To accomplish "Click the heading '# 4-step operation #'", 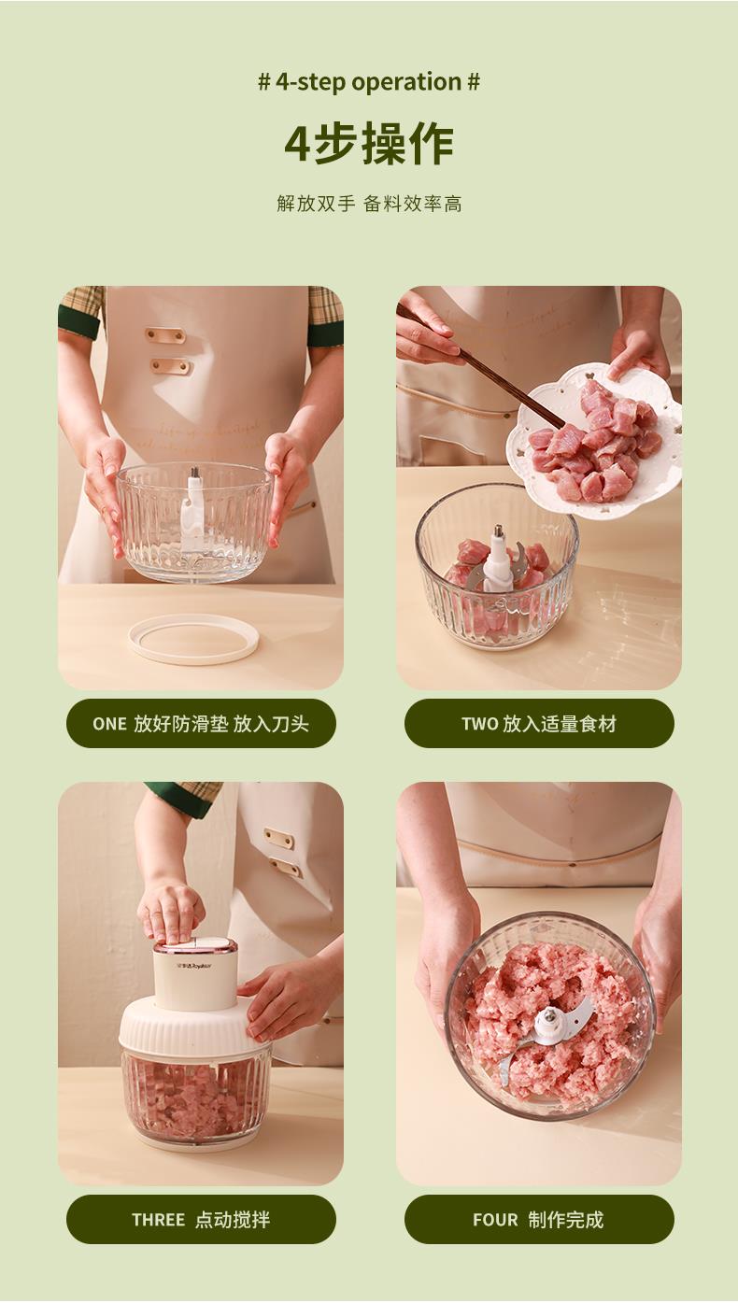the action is [x=369, y=82].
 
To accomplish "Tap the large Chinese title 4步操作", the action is [x=369, y=143].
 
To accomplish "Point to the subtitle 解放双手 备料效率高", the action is [x=369, y=204].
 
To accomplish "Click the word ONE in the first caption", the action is [x=109, y=724].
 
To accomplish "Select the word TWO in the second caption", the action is [x=480, y=724].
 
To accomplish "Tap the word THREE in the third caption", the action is [x=158, y=1220].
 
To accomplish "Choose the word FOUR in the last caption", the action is [x=495, y=1220].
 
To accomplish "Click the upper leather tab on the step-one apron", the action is [x=166, y=335].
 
